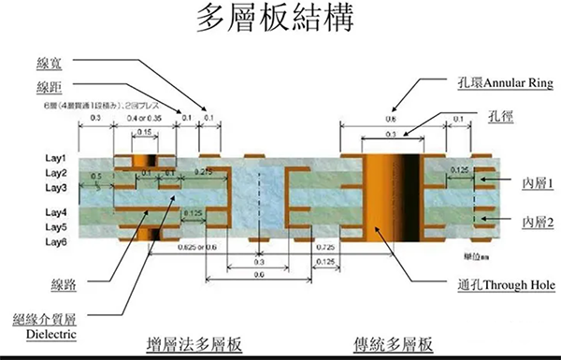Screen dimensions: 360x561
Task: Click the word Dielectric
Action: (44, 332)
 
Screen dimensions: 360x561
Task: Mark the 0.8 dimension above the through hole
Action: (390, 119)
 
